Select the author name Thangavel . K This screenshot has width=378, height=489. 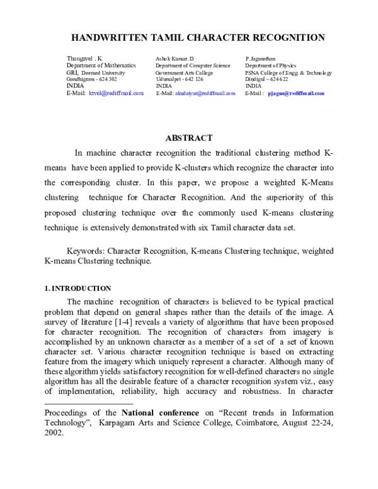pyautogui.click(x=84, y=59)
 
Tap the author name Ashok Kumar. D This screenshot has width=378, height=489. pyautogui.click(x=175, y=59)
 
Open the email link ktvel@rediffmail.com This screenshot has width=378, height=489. pyautogui.click(x=117, y=93)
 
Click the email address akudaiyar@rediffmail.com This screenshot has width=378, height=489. pyautogui.click(x=205, y=93)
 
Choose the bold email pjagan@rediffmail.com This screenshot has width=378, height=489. pyautogui.click(x=295, y=93)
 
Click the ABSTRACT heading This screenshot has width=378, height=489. pyautogui.click(x=189, y=138)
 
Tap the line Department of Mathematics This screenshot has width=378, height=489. pyautogui.click(x=101, y=66)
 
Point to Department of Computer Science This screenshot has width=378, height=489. pyautogui.click(x=193, y=66)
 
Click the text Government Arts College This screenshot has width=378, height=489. pyautogui.click(x=185, y=72)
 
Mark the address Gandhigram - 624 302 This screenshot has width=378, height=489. pyautogui.click(x=91, y=79)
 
